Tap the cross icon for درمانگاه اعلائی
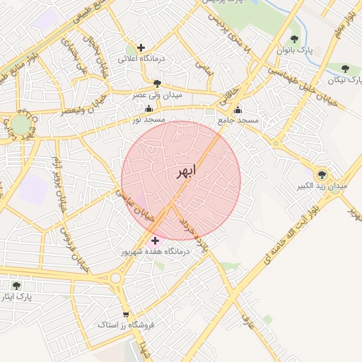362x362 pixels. (141, 47)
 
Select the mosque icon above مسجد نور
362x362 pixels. (148, 109)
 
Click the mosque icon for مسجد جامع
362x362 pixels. (238, 110)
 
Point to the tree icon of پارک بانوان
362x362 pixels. (294, 39)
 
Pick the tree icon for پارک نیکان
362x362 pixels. (345, 69)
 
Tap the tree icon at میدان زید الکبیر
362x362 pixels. (322, 173)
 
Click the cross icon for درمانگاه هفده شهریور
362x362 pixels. (156, 240)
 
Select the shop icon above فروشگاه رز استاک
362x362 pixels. (126, 315)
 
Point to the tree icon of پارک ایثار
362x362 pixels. (16, 286)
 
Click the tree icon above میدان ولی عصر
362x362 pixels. (157, 83)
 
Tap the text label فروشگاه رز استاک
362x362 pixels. (124, 326)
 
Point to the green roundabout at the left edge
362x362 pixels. (21, 126)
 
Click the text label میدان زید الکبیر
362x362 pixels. (322, 187)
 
